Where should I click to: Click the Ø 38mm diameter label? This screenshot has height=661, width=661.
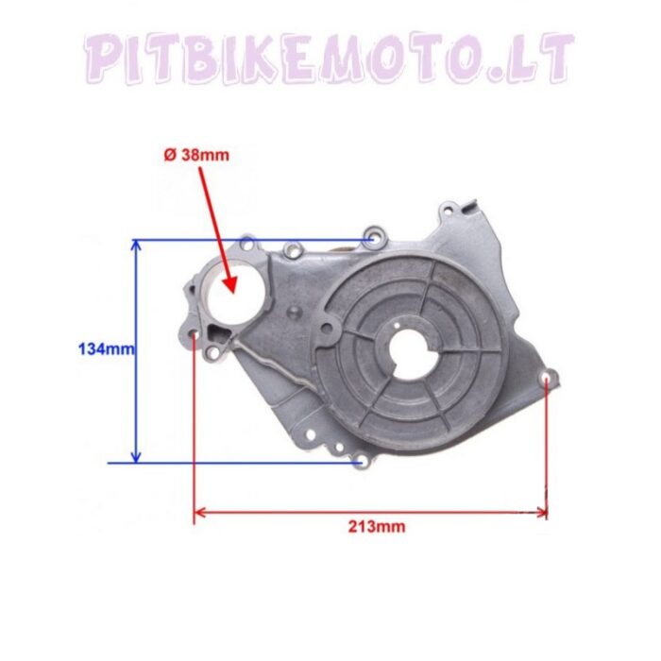pyautogui.click(x=196, y=155)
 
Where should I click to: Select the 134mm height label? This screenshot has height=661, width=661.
pyautogui.click(x=106, y=349)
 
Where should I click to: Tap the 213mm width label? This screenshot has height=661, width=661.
pyautogui.click(x=377, y=527)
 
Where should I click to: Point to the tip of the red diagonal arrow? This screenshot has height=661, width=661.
pyautogui.click(x=231, y=292)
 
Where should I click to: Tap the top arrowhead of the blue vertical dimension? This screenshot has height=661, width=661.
pyautogui.click(x=136, y=245)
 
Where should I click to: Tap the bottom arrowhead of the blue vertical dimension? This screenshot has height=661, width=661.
pyautogui.click(x=136, y=457)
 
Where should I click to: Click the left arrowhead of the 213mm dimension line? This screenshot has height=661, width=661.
pyautogui.click(x=199, y=513)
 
